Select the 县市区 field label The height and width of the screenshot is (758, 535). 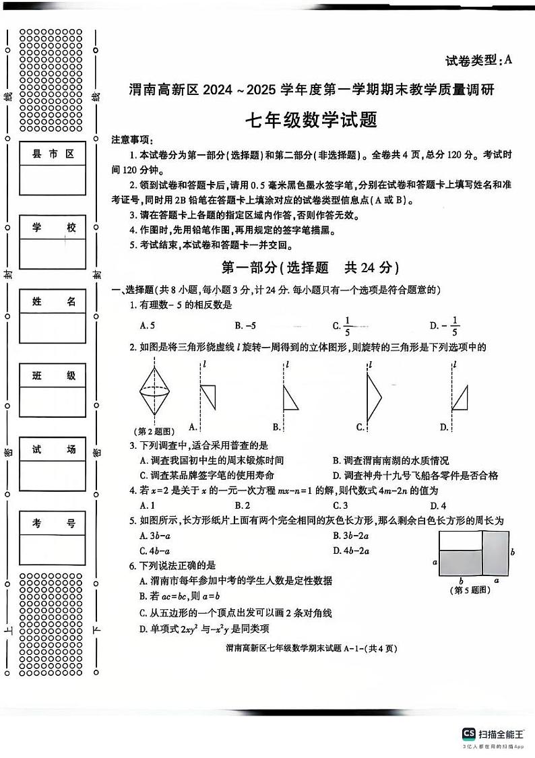click(53, 154)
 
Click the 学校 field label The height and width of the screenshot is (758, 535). click(53, 228)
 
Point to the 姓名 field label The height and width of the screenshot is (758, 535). click(53, 302)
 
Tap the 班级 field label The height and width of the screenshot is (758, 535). click(53, 376)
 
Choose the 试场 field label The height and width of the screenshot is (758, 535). click(53, 450)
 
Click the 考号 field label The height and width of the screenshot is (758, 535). click(53, 524)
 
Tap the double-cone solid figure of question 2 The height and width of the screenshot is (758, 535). click(156, 390)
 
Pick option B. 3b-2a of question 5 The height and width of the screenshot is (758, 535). click(351, 536)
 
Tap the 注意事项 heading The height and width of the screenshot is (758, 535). click(131, 139)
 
